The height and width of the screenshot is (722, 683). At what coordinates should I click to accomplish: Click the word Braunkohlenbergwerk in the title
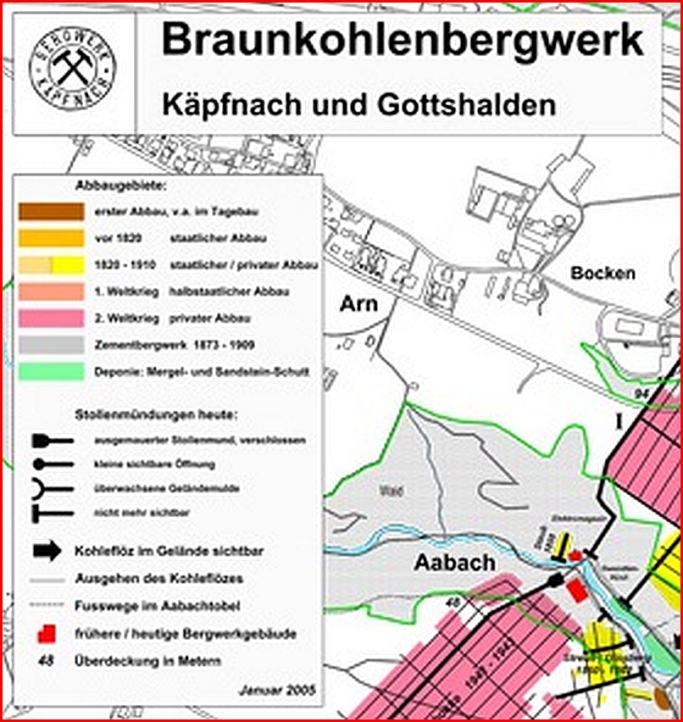pyautogui.click(x=402, y=40)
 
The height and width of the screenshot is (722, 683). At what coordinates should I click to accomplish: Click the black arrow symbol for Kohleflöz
pyautogui.click(x=47, y=551)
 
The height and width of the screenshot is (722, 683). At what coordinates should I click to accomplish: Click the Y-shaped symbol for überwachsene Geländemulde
pyautogui.click(x=49, y=490)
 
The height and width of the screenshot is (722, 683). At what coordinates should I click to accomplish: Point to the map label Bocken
pyautogui.click(x=602, y=274)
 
